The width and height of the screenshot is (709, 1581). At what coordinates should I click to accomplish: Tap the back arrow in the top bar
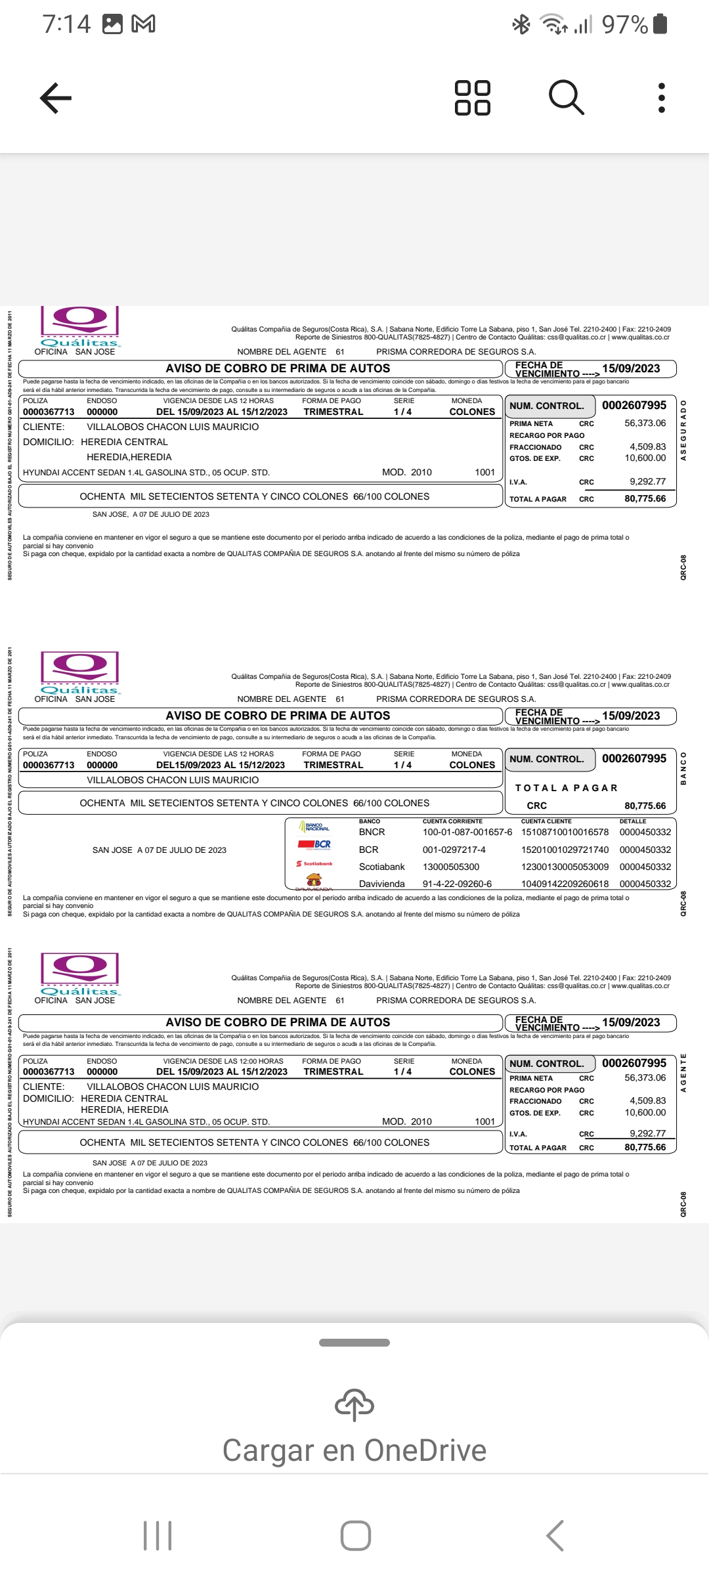(56, 98)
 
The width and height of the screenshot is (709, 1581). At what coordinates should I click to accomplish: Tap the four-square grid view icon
(473, 98)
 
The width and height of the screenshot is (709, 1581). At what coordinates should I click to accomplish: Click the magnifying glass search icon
(566, 98)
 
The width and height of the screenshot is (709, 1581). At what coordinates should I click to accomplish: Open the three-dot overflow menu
(661, 98)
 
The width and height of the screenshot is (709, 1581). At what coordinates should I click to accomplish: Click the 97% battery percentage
(625, 25)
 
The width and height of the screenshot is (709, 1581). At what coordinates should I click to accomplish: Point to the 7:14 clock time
(66, 24)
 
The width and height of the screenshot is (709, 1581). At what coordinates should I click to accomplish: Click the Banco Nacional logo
(314, 827)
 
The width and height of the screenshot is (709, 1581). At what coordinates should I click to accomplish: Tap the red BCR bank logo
(314, 844)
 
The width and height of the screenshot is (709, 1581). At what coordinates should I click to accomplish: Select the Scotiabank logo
(314, 863)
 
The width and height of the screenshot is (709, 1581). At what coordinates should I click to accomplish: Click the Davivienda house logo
(314, 879)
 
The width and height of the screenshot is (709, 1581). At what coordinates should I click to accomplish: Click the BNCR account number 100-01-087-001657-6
(467, 832)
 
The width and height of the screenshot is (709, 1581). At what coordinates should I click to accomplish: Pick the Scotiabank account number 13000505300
(451, 867)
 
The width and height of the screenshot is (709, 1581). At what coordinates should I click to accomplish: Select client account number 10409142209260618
(565, 884)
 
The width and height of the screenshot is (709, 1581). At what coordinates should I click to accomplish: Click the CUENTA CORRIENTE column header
(452, 821)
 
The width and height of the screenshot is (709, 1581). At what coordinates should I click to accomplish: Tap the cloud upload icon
(354, 1404)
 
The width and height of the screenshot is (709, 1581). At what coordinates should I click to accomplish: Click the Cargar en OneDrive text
(354, 1450)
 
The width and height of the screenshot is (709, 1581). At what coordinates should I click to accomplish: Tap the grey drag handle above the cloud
(354, 1343)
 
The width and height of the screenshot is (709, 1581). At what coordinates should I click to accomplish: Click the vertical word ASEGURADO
(683, 430)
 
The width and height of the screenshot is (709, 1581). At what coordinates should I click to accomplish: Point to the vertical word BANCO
(683, 768)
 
